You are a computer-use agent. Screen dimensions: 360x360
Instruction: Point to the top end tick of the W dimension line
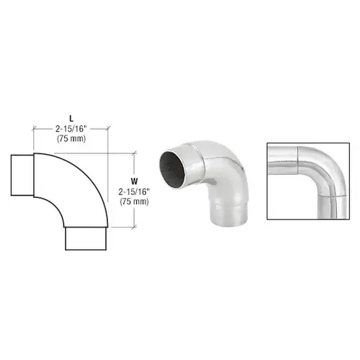[135, 152]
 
